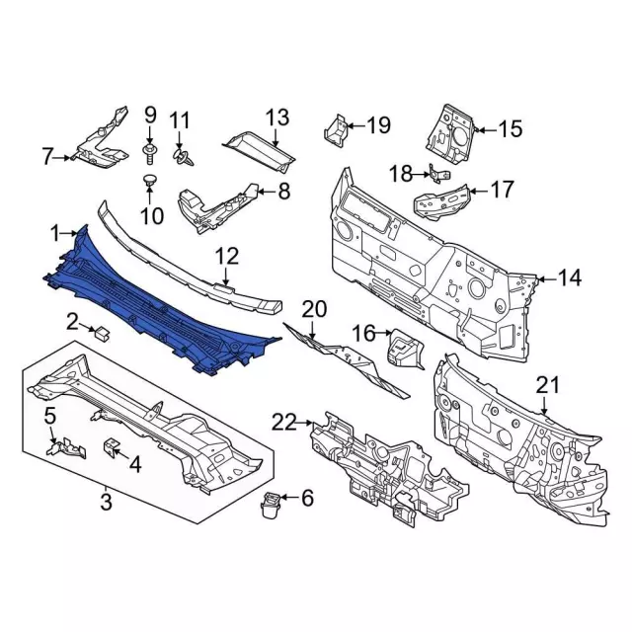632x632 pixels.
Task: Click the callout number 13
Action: click(277, 118)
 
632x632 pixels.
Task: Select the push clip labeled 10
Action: click(150, 180)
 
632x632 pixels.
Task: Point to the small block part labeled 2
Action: click(102, 334)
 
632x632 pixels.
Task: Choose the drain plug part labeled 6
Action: click(270, 505)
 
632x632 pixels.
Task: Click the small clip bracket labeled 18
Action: click(439, 175)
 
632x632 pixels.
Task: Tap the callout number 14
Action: click(569, 277)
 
